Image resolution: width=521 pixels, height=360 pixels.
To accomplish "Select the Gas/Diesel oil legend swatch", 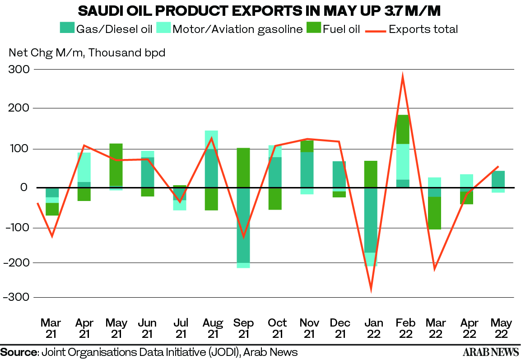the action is (67, 28).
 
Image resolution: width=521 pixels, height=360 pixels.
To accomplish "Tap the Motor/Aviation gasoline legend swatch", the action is (163, 28).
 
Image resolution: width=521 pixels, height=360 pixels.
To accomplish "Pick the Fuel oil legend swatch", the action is (314, 28).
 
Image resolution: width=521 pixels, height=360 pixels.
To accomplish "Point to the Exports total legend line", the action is (376, 32).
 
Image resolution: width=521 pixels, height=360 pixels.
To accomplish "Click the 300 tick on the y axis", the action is (19, 70).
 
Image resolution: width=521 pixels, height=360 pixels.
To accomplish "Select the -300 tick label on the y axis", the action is (16, 297).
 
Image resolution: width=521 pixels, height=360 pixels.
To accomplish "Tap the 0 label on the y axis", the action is (23, 187).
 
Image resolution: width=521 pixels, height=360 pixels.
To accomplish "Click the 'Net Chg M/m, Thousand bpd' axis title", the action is (87, 52).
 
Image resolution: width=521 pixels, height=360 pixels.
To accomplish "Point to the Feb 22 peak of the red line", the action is (403, 75).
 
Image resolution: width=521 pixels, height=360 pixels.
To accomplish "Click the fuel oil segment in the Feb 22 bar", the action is (403, 129).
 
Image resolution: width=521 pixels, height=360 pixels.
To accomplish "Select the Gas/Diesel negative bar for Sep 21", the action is (243, 225).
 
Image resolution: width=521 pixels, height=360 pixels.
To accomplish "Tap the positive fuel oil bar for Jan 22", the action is (371, 174).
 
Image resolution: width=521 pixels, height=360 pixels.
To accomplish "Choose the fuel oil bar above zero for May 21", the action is (116, 164).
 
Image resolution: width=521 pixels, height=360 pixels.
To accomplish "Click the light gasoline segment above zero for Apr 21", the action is (84, 167).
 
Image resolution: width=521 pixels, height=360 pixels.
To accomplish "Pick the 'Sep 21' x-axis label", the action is (243, 328).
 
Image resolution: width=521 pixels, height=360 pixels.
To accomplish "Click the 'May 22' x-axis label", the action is (501, 328).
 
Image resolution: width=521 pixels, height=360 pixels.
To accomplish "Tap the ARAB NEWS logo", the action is (491, 352).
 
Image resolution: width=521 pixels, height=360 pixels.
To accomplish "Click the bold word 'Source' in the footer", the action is (19, 352).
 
